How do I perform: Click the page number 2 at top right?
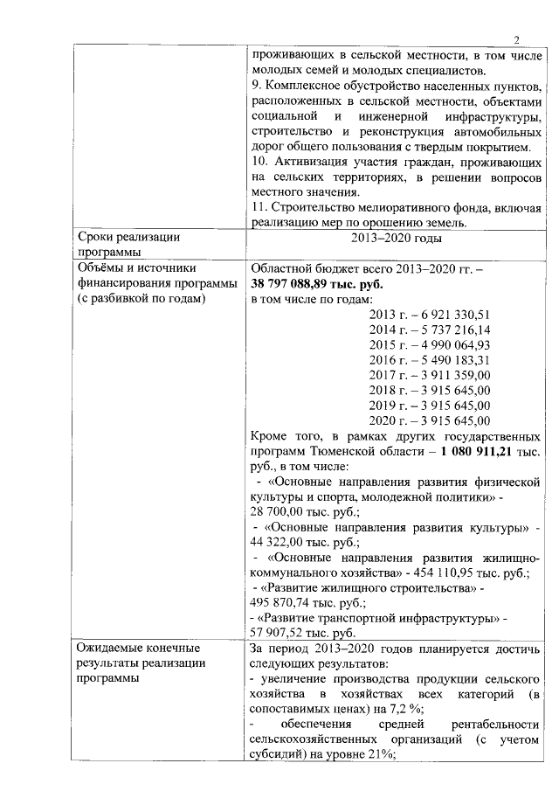515,39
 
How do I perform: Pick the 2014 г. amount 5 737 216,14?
452,330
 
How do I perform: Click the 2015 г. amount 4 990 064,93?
452,345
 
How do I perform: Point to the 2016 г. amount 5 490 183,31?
452,360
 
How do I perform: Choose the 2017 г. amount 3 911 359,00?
452,376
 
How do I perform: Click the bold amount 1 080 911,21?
473,451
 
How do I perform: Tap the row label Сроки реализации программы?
128,245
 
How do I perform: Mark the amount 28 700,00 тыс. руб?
297,511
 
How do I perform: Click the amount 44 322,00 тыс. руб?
297,542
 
